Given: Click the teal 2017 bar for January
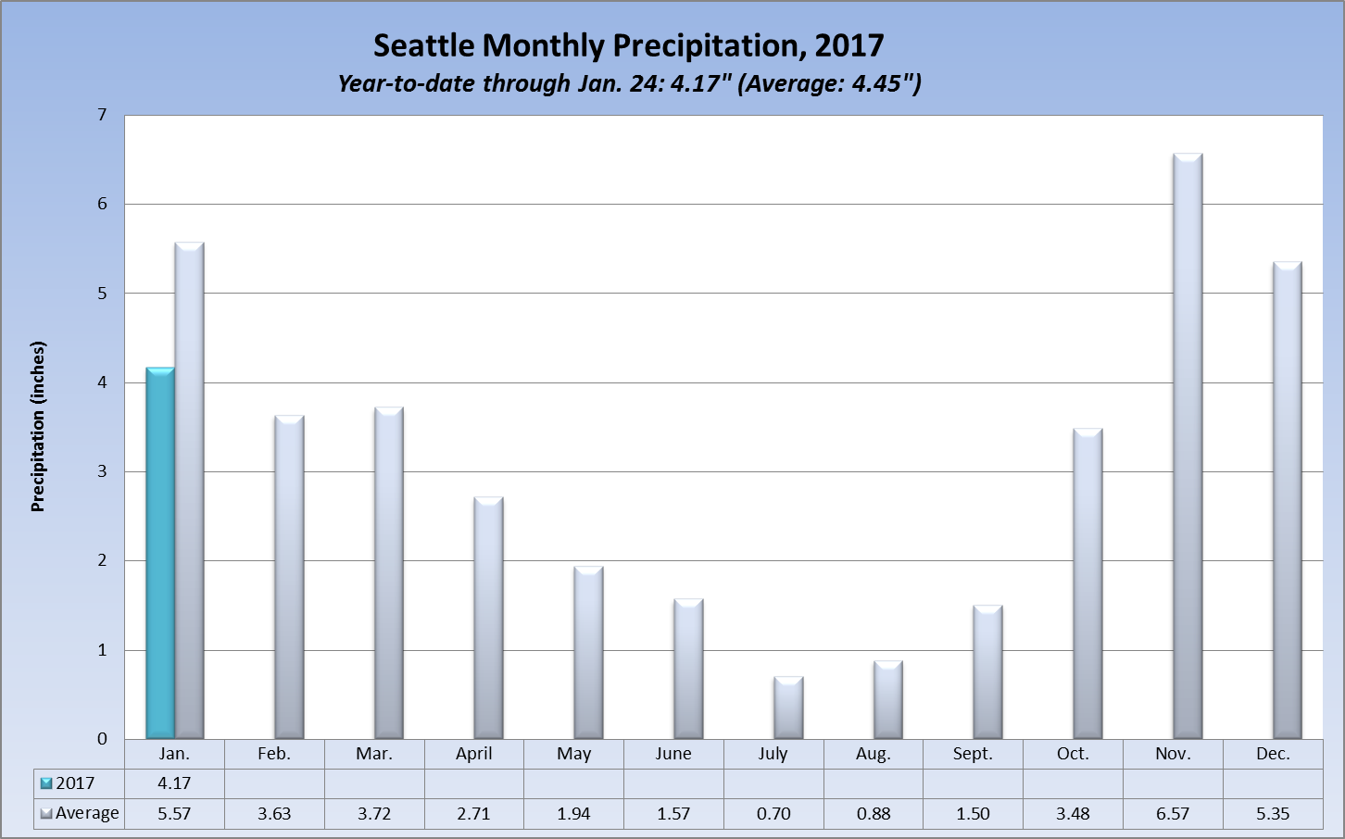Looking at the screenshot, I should click(x=159, y=553).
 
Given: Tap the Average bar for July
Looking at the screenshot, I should click(x=788, y=708).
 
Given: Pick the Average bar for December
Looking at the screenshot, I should click(x=1288, y=500).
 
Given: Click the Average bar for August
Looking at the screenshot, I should click(x=887, y=699).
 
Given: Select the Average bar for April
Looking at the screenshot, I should click(x=488, y=618).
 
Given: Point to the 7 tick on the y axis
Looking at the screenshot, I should click(x=102, y=115).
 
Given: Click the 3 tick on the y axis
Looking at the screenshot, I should click(x=102, y=471).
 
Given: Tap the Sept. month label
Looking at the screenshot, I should click(x=973, y=754).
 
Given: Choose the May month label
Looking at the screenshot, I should click(x=573, y=754).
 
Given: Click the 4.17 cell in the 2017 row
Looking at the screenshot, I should click(x=174, y=783).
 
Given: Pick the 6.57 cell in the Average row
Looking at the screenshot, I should click(x=1173, y=814).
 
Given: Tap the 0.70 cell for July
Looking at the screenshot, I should click(x=773, y=814).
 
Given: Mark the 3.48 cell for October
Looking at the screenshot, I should click(x=1073, y=814).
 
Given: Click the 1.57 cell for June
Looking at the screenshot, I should click(x=673, y=814).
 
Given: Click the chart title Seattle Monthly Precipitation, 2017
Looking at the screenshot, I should click(x=628, y=45).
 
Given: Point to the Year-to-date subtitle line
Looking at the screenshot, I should click(x=629, y=83).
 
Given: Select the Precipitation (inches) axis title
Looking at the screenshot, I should click(x=38, y=427).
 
